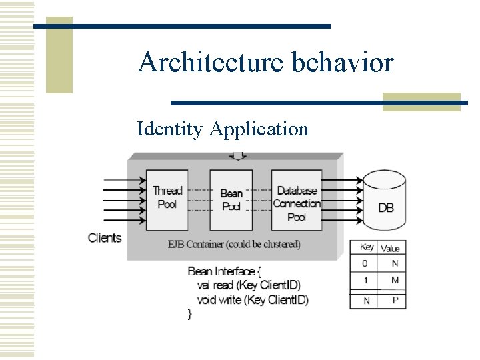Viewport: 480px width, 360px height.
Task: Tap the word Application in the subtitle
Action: (x=259, y=129)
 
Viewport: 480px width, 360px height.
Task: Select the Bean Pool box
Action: (x=231, y=199)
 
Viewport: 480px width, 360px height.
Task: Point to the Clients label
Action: (x=105, y=237)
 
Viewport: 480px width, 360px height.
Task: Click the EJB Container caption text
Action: (x=234, y=244)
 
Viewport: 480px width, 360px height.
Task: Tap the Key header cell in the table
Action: (x=366, y=247)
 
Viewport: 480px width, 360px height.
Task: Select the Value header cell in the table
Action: (x=391, y=248)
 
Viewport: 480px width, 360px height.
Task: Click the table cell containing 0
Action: (x=365, y=264)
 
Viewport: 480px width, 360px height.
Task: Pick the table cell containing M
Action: (x=395, y=280)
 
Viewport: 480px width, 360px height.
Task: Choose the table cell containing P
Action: (x=395, y=301)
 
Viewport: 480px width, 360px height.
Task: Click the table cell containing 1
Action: (x=365, y=281)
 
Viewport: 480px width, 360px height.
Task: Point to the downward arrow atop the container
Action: (x=237, y=156)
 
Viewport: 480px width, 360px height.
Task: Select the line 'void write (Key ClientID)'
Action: (x=253, y=300)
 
